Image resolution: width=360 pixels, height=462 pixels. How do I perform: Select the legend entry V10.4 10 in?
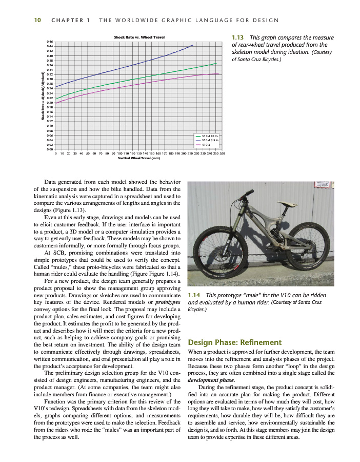click(x=210, y=136)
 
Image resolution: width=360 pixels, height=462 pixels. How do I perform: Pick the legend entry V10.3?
click(x=207, y=145)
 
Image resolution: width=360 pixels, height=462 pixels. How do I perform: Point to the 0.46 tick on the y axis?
click(x=50, y=41)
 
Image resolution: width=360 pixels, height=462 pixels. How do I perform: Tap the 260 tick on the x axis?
click(x=222, y=153)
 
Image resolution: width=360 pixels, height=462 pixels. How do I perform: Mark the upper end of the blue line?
click(x=193, y=45)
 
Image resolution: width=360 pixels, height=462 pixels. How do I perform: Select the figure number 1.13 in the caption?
click(x=238, y=37)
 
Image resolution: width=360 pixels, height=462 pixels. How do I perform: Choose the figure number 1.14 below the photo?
click(x=194, y=295)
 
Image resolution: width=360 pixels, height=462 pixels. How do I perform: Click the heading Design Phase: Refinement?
click(x=235, y=342)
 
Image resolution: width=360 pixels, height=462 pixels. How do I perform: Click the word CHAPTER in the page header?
click(x=68, y=20)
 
